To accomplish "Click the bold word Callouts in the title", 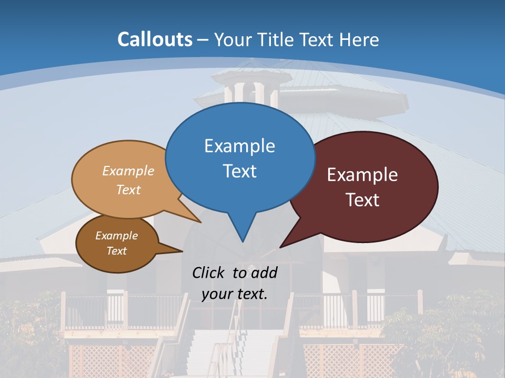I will coord(155,39).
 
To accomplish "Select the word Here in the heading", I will coord(359,39).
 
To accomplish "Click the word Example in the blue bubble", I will coord(239,146).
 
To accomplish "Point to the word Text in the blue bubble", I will coord(239,171).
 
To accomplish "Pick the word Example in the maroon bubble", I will coord(362,175).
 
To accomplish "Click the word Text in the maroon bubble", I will coord(362,200).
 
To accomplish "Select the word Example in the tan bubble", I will coord(128,171).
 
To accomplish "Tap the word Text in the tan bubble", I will coord(128,190).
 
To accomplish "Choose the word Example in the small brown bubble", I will coord(116,236).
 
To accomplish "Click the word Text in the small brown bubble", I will coord(116,251).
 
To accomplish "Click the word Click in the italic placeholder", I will coord(209,272).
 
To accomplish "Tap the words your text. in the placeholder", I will coord(234,293).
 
